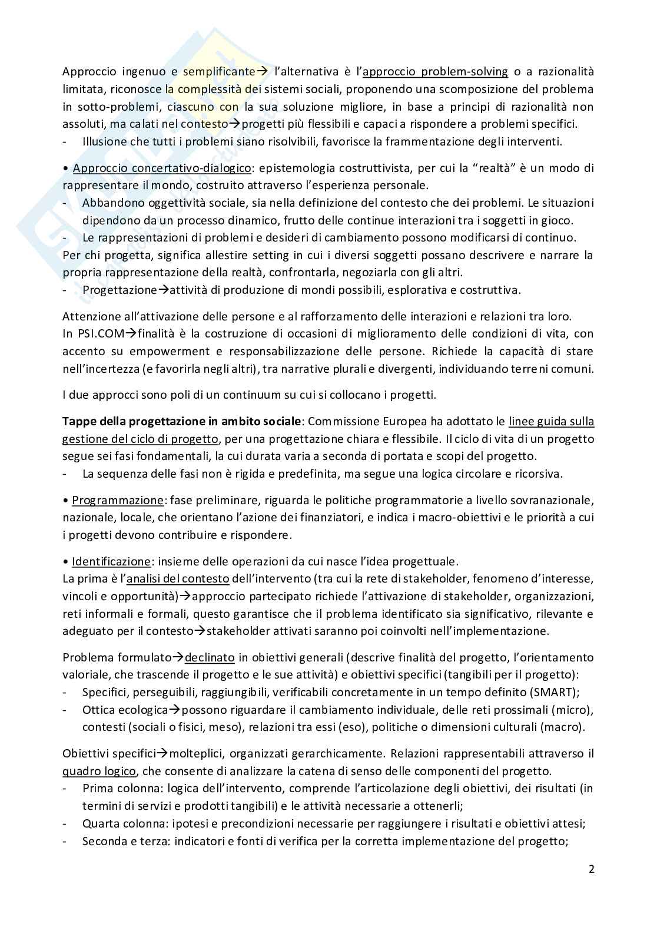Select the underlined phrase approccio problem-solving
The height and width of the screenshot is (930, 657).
435,72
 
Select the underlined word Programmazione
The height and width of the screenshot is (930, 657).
117,500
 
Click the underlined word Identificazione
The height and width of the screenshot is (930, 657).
111,561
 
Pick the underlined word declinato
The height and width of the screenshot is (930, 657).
210,657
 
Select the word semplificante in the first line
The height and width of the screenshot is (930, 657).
221,72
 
